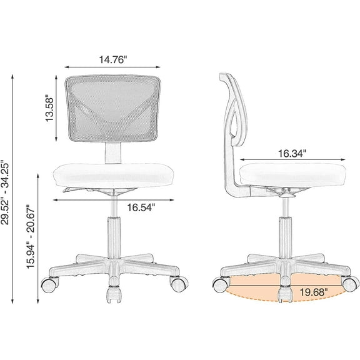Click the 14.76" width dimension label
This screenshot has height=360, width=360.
click(x=112, y=60)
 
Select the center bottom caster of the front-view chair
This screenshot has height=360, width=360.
click(x=113, y=294)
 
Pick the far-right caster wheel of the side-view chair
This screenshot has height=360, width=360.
click(x=348, y=283)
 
